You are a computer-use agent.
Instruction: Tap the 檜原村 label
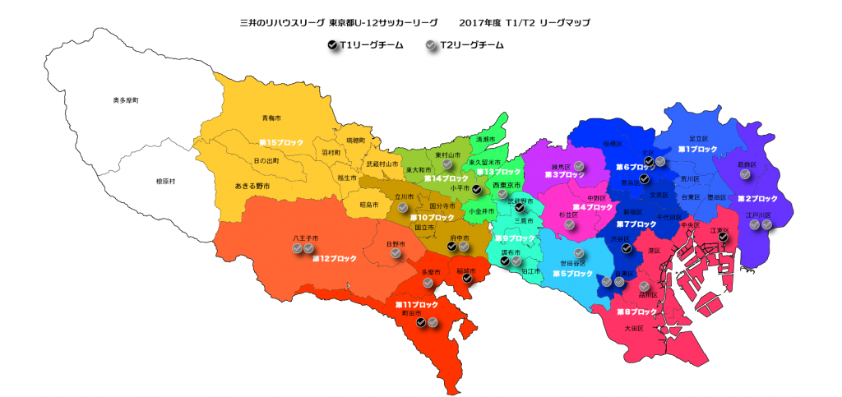pos(149,180)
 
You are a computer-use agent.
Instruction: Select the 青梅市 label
pos(271,118)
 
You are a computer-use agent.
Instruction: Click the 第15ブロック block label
pos(281,142)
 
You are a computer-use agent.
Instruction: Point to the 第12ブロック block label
pos(334,258)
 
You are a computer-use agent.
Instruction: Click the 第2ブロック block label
pos(756,199)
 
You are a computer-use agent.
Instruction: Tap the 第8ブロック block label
pos(636,312)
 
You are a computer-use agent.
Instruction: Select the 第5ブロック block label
pos(572,273)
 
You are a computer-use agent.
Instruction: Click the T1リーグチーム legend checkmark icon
pos(331,46)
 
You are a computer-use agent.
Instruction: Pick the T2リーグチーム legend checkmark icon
pos(432,46)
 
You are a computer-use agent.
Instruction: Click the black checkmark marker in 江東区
pos(723,238)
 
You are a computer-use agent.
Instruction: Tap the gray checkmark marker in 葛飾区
pos(743,173)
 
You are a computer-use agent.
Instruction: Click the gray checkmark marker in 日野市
pos(396,254)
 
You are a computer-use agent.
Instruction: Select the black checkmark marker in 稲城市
pos(467,279)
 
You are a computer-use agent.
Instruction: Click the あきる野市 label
pos(252,187)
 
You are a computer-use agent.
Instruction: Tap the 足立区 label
pos(698,138)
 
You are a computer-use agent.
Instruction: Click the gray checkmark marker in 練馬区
pos(579,167)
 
